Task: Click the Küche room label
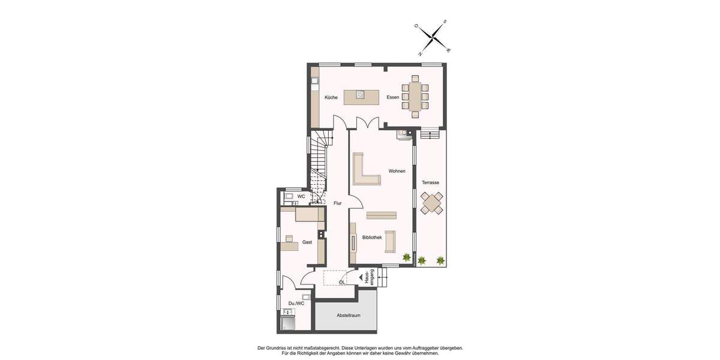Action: click(331, 97)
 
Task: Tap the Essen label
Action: click(392, 97)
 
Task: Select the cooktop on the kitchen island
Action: click(360, 94)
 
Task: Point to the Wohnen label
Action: click(397, 171)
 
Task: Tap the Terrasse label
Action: click(430, 182)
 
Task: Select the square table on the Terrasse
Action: click(432, 203)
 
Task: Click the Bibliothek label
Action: click(372, 238)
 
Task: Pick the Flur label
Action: click(338, 203)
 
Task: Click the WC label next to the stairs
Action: click(301, 196)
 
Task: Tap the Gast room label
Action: click(307, 242)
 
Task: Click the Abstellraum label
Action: click(348, 315)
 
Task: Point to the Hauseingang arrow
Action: click(361, 277)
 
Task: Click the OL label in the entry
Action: click(342, 282)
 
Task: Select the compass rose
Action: click(433, 38)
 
